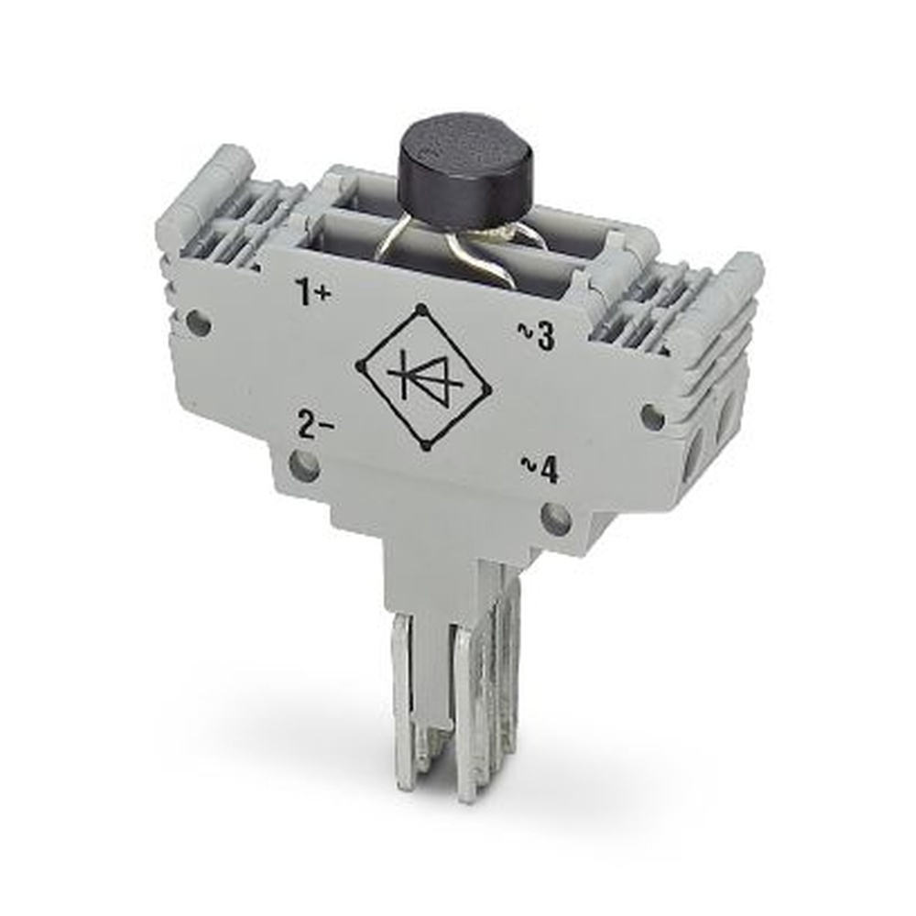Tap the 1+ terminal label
click(x=313, y=293)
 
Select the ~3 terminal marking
click(x=537, y=337)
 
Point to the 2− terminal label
click(x=315, y=425)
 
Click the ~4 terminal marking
click(x=540, y=470)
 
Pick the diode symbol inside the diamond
click(x=423, y=376)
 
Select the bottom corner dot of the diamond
click(x=426, y=447)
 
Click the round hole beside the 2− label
click(x=304, y=467)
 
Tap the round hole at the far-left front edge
click(x=196, y=322)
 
